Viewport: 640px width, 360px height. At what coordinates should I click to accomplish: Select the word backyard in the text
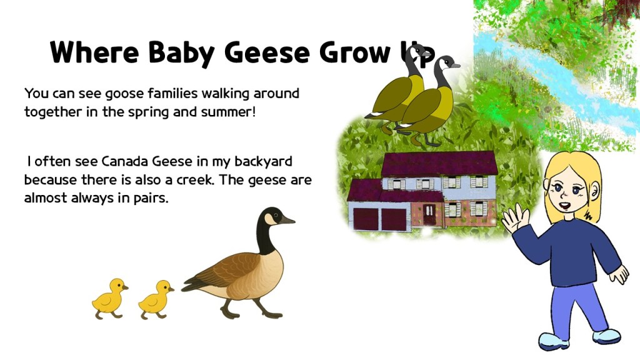coord(263,162)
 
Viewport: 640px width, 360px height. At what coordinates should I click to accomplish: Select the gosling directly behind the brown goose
coord(156,299)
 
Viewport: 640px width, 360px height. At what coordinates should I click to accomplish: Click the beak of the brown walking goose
coord(287,220)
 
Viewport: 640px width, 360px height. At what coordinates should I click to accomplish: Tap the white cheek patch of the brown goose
coord(271,219)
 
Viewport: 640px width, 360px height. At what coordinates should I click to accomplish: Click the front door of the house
coord(430,214)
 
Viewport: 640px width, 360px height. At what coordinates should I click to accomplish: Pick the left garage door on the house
coord(365,219)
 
